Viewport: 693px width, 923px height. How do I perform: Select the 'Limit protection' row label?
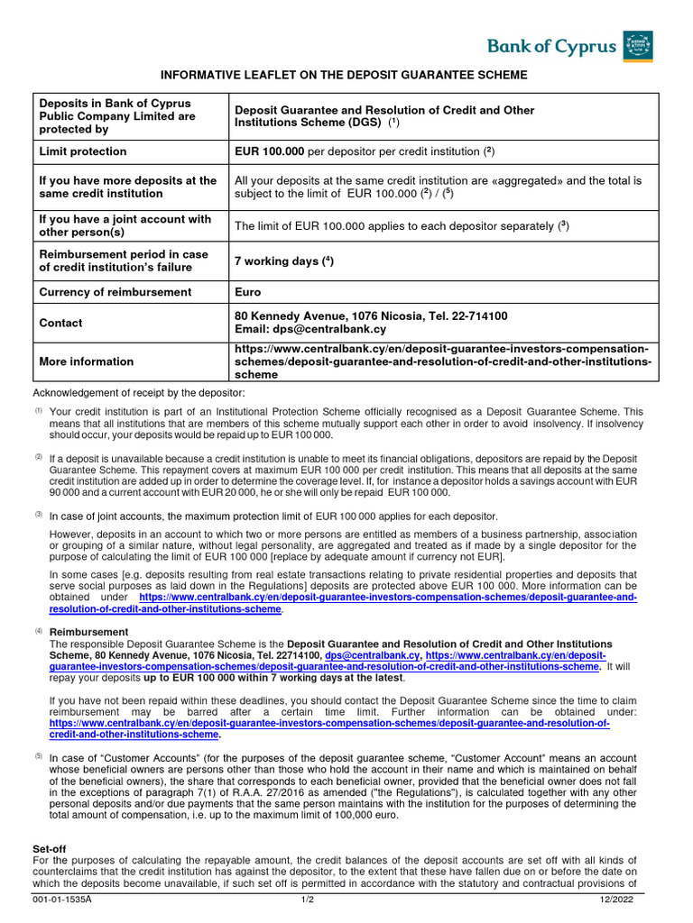(82, 151)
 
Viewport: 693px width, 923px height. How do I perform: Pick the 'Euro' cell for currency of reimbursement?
(248, 292)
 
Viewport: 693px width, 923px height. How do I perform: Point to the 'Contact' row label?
(60, 323)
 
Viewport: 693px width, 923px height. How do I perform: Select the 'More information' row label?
(86, 361)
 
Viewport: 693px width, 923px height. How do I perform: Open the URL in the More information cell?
(441, 361)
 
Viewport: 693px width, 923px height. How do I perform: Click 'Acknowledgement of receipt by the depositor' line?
(139, 393)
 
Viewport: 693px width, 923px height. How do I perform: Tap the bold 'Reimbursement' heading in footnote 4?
(83, 633)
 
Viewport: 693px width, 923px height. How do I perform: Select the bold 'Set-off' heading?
(50, 849)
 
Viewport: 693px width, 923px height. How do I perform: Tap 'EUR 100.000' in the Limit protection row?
(270, 151)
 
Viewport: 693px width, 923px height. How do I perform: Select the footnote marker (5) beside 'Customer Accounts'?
(39, 756)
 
